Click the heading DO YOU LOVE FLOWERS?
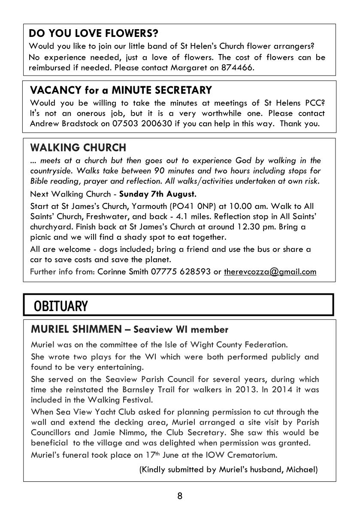click(93, 33)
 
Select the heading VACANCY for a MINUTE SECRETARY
click(121, 90)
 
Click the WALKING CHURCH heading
click(78, 148)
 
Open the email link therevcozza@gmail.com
click(270, 272)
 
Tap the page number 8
click(180, 496)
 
